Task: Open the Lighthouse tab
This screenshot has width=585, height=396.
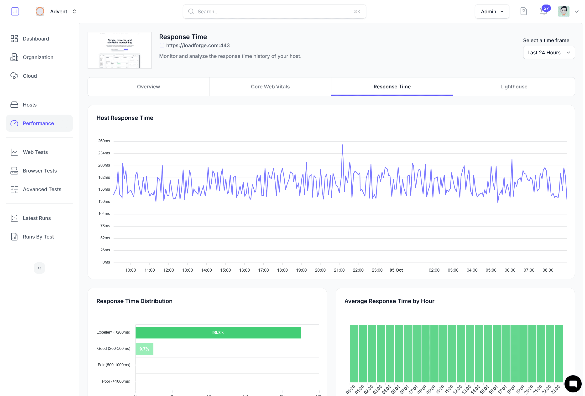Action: click(513, 86)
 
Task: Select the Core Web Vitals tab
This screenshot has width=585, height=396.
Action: click(270, 86)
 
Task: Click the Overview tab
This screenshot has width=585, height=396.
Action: click(148, 86)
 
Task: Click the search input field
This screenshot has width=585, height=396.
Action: click(274, 12)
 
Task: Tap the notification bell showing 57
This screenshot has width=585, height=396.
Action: click(543, 12)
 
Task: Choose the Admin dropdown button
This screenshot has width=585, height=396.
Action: click(492, 12)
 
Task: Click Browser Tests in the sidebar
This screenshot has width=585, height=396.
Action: click(40, 171)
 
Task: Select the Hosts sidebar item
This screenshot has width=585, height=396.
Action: click(29, 105)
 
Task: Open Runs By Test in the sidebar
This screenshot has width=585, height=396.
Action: click(38, 237)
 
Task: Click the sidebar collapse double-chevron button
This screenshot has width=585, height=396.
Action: click(39, 268)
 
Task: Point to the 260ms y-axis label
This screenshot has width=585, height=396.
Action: click(104, 141)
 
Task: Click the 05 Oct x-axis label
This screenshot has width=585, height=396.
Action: click(396, 270)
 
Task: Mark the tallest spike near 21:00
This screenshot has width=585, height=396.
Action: click(342, 145)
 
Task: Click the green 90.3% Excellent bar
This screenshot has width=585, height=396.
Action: click(218, 332)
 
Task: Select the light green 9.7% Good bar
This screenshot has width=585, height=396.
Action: click(144, 349)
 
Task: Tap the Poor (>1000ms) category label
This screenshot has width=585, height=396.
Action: click(116, 381)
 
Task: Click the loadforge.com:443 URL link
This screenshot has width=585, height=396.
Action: click(198, 46)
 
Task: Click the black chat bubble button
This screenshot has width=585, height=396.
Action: click(573, 384)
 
